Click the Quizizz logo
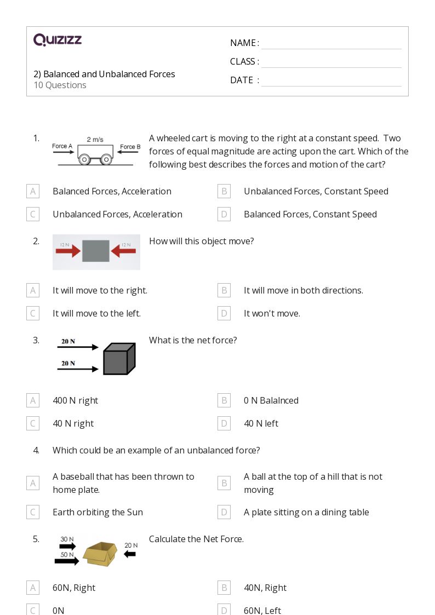point(58,40)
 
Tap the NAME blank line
point(331,43)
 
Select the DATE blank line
point(331,81)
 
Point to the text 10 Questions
point(60,85)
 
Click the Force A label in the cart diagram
point(62,146)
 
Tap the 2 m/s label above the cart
point(95,140)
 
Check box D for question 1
point(224,214)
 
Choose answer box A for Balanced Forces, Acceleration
point(33,191)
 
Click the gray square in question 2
point(96,251)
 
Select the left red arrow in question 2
point(68,251)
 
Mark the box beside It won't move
point(224,313)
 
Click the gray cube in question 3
point(119,359)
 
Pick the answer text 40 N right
point(73,423)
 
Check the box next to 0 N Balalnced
point(224,400)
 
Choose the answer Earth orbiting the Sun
point(98,512)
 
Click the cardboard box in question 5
point(100,554)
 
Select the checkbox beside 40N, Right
point(224,588)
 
